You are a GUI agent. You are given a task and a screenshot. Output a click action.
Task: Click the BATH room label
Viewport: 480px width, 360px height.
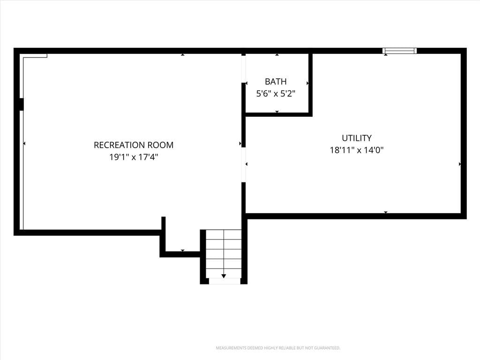(x=276, y=82)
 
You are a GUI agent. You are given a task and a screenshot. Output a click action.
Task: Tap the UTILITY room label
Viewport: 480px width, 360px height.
(x=357, y=138)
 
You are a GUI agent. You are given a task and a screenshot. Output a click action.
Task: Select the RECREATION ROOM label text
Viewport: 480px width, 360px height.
(x=134, y=145)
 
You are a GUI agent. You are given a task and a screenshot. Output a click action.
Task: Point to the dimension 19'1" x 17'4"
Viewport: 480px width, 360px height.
(x=134, y=157)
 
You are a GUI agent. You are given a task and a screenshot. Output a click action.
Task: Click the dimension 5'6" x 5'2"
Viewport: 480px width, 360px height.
(x=276, y=94)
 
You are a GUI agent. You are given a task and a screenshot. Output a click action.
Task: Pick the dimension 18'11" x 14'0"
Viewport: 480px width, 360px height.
(x=357, y=150)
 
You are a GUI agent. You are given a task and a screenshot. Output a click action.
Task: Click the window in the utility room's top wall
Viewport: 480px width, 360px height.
(x=399, y=51)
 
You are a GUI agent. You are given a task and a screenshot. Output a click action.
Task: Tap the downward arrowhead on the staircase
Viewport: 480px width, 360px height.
(x=224, y=276)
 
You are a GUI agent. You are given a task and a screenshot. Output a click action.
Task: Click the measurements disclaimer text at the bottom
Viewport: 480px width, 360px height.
(x=278, y=348)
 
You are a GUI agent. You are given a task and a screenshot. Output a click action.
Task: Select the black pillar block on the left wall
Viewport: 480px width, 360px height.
(x=20, y=104)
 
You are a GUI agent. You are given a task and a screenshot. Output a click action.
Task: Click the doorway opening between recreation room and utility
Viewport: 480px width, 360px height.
(x=244, y=165)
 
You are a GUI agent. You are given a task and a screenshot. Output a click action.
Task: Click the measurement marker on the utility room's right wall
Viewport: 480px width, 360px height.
(x=460, y=165)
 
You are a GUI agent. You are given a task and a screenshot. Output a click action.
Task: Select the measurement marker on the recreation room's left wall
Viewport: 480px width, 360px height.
(x=24, y=143)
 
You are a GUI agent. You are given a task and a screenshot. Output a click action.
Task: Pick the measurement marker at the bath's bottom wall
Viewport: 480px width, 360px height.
(x=277, y=112)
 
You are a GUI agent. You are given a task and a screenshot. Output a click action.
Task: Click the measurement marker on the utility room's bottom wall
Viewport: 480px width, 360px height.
(x=386, y=212)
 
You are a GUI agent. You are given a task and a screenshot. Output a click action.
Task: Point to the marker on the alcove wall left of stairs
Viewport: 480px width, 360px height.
(x=183, y=250)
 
